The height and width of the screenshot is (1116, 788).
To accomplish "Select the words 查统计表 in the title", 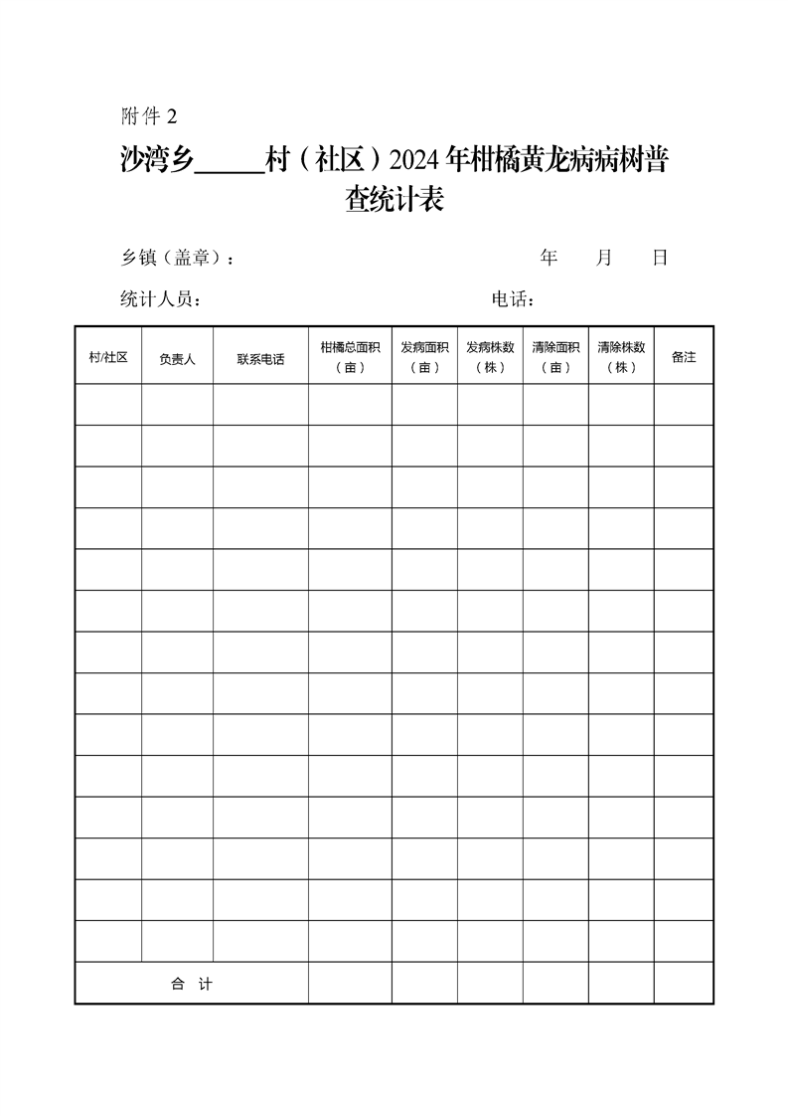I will pyautogui.click(x=394, y=201).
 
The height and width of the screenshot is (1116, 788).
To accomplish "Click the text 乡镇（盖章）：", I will pyautogui.click(x=178, y=259).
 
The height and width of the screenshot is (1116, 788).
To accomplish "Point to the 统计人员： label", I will pyautogui.click(x=161, y=299).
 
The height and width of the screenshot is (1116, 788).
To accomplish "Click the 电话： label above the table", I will pyautogui.click(x=515, y=299).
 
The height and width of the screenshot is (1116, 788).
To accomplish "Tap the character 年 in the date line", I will pyautogui.click(x=549, y=259).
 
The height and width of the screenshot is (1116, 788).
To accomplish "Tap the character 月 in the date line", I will pyautogui.click(x=604, y=259).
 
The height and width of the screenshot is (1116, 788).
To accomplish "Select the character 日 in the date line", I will pyautogui.click(x=660, y=259).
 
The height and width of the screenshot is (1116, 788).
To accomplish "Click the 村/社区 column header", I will pyautogui.click(x=108, y=357).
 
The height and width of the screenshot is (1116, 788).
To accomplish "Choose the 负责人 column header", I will pyautogui.click(x=177, y=358).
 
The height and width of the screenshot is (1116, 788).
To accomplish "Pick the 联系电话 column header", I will pyautogui.click(x=260, y=358).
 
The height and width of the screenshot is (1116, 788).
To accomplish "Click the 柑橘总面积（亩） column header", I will pyautogui.click(x=350, y=357).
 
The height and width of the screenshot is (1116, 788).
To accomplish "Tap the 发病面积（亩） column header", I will pyautogui.click(x=424, y=357).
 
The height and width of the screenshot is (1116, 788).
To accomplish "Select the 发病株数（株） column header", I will pyautogui.click(x=490, y=357).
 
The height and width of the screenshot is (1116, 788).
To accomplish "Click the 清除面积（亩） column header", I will pyautogui.click(x=555, y=357).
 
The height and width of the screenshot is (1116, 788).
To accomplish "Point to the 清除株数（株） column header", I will pyautogui.click(x=621, y=357).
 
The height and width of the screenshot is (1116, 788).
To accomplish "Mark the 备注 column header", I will pyautogui.click(x=684, y=357).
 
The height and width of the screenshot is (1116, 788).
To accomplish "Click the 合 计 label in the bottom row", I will pyautogui.click(x=192, y=984).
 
